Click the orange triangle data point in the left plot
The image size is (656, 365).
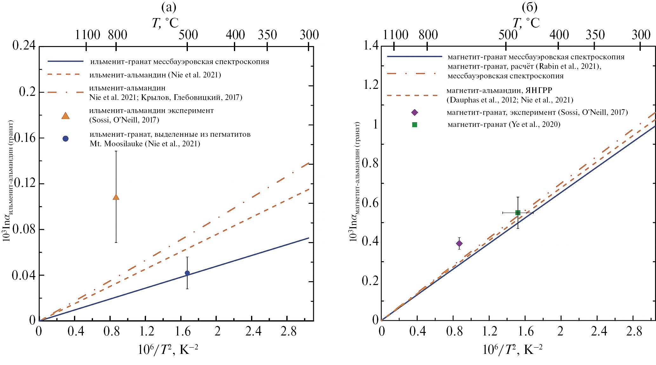pos(116,197)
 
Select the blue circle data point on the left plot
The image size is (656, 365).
pos(187,273)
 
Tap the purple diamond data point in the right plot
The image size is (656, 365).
pos(459,243)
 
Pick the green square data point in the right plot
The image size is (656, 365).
pos(518,213)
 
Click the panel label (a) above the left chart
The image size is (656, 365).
pos(169,7)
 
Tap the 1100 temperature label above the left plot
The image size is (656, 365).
pos(88,35)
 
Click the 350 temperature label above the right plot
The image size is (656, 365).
pos(595,35)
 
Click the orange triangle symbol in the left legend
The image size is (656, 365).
pos(65,116)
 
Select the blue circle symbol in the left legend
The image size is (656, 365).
pos(65,139)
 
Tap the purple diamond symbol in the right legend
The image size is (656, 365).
pos(414,112)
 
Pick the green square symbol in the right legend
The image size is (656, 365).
pos(414,125)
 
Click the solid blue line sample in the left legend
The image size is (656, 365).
pos(65,61)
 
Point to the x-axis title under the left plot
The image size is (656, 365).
pos(168,350)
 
